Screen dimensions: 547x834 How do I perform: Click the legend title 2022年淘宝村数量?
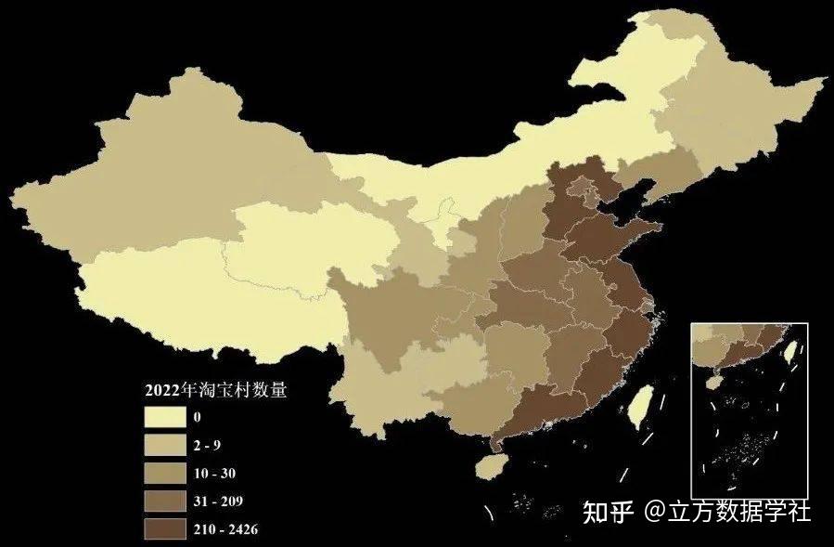[x=215, y=389]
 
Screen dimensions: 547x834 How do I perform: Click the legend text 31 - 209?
[x=219, y=501]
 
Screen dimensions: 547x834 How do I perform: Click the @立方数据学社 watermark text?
[x=729, y=512]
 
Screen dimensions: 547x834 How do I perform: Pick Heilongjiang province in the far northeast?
[x=733, y=102]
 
